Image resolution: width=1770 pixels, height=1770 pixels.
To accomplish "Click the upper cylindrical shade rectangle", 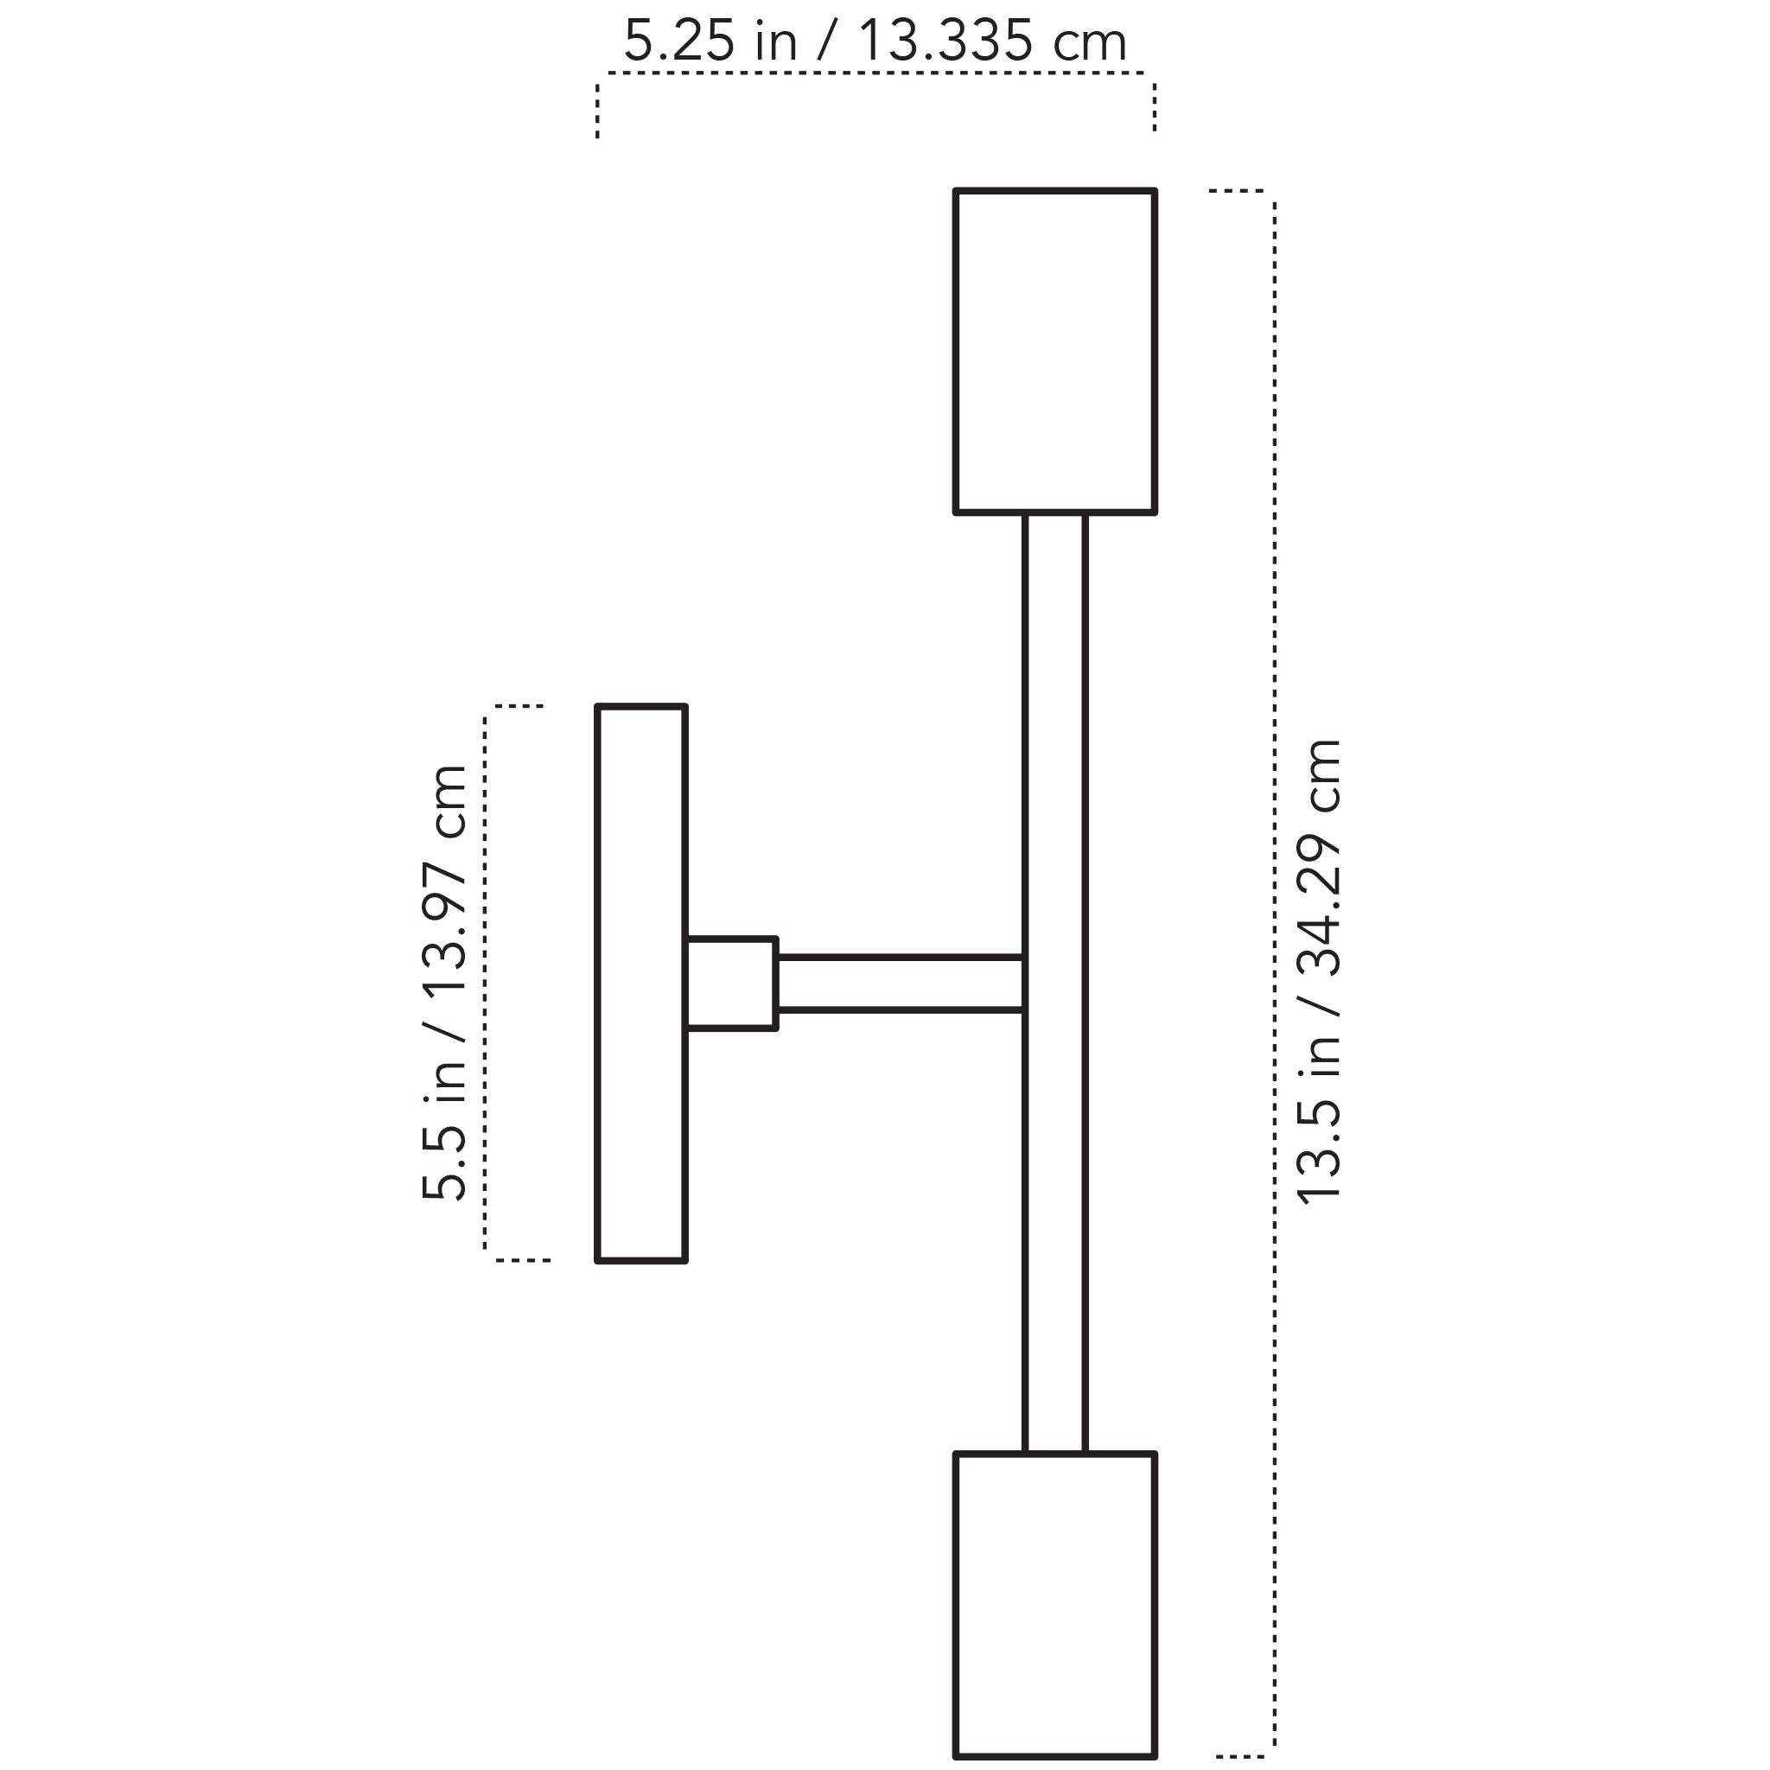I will (x=1054, y=351).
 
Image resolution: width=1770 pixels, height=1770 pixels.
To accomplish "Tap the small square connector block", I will (x=731, y=983).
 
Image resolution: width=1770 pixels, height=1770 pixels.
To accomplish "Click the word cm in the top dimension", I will (x=1089, y=42).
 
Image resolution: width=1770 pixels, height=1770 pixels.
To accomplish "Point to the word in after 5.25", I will (x=775, y=42).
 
